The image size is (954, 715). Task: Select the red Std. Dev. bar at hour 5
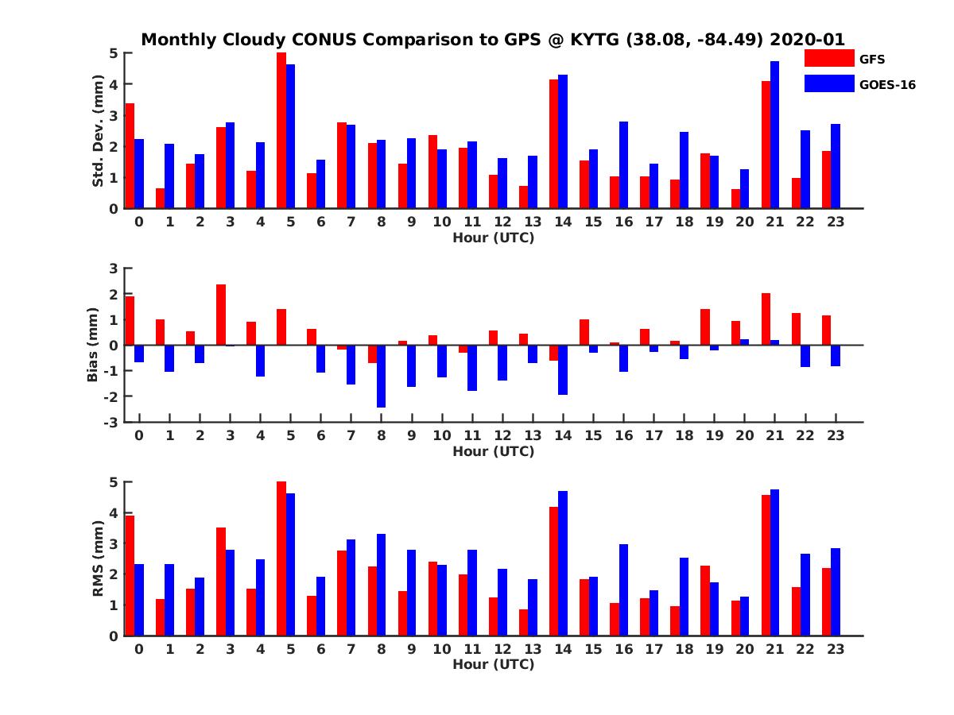tap(281, 130)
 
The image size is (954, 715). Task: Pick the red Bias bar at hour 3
tap(221, 315)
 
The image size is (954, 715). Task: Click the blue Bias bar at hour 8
tap(381, 376)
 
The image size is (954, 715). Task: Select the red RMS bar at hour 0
tap(130, 575)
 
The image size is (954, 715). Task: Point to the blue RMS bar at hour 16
tap(623, 589)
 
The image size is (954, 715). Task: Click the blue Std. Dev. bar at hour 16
tap(623, 165)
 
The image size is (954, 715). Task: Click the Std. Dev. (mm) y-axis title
tap(99, 131)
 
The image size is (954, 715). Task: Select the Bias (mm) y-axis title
tap(92, 346)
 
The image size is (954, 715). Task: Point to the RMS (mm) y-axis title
tap(99, 558)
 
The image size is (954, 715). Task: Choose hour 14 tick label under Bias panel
tap(563, 435)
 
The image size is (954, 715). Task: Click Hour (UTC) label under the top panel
tap(493, 237)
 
